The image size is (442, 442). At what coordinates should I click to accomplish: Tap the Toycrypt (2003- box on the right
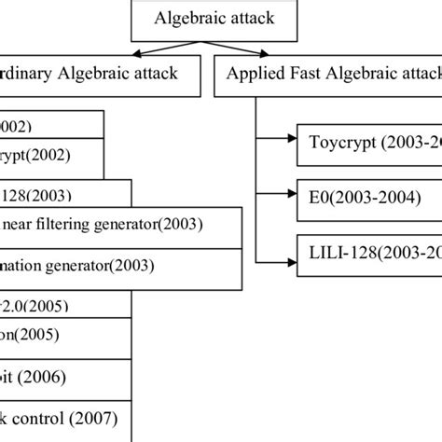[x=369, y=144]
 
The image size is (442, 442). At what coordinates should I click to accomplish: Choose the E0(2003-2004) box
[x=369, y=198]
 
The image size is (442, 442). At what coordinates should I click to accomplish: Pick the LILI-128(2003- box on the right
[x=369, y=252]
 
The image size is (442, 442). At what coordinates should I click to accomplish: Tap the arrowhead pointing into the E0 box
[x=292, y=198]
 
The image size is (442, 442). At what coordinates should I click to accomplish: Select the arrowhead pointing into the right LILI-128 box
[x=292, y=252]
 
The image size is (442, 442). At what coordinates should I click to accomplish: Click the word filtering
[x=74, y=224]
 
